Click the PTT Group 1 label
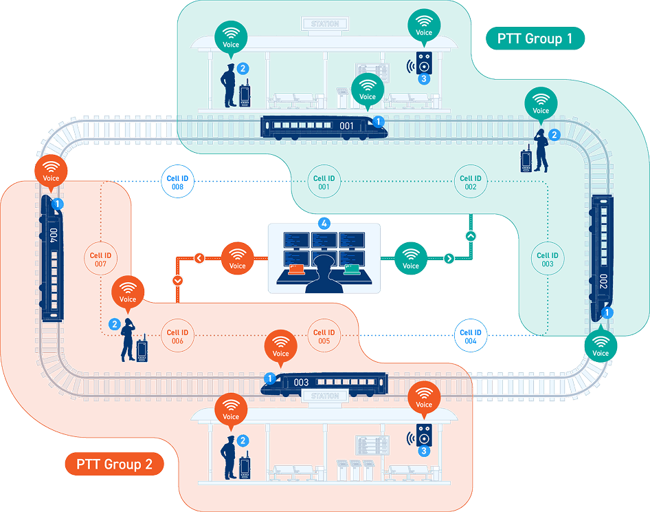[x=535, y=39]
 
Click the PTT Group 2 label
[x=115, y=464]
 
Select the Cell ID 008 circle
[x=177, y=181]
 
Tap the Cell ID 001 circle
[x=324, y=181]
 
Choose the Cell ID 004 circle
[x=471, y=336]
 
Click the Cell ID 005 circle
[x=324, y=336]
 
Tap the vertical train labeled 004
[x=52, y=258]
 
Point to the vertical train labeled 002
[x=601, y=258]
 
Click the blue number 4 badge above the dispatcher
[x=324, y=224]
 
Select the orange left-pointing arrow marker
[x=199, y=258]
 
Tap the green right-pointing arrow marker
[x=449, y=258]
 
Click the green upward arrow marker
[x=471, y=236]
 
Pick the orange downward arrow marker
[x=177, y=281]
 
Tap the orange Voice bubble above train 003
[x=280, y=348]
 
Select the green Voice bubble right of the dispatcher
[x=410, y=258]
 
